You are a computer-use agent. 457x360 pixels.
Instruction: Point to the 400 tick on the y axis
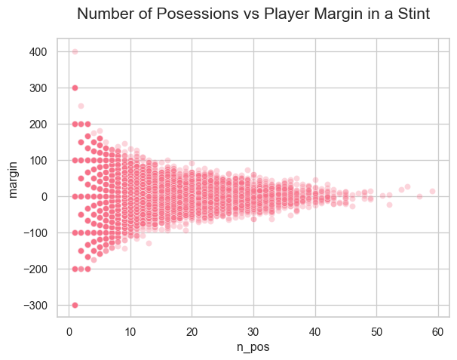39,51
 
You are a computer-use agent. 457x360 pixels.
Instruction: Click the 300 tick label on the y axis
39,88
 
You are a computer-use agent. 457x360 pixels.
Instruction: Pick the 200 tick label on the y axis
39,124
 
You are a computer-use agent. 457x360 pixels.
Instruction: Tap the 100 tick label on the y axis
39,160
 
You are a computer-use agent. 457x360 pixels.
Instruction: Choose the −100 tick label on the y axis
36,232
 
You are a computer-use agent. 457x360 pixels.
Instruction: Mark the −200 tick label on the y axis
36,269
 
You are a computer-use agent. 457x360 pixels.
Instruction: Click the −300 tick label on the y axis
36,305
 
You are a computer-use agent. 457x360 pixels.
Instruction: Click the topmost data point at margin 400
75,51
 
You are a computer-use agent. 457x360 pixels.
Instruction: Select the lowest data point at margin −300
75,305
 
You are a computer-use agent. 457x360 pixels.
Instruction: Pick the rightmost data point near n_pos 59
432,191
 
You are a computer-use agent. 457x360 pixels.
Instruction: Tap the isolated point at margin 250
81,106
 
